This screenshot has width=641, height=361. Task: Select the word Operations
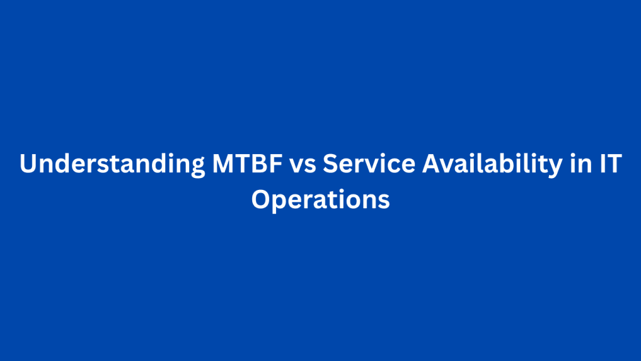tap(320, 200)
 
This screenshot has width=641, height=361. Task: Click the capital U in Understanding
tap(28, 165)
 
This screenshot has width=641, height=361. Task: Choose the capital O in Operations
tap(261, 199)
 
